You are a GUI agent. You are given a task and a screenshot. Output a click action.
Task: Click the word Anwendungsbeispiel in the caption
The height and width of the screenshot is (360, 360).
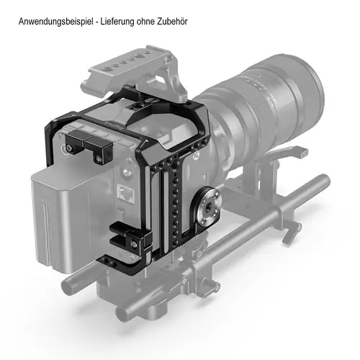55,22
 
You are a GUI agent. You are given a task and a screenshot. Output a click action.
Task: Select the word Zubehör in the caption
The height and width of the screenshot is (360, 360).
172,21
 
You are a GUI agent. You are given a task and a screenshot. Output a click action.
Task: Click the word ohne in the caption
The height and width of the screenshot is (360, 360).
146,22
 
